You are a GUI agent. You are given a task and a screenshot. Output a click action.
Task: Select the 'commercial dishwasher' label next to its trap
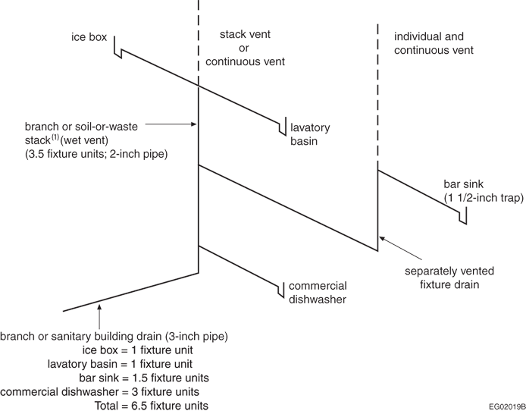click(x=317, y=292)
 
